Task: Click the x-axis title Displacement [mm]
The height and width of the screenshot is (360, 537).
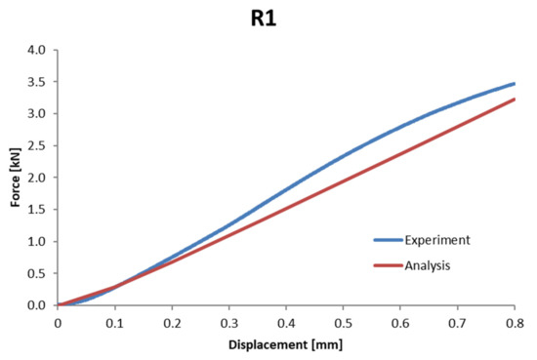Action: coord(285,343)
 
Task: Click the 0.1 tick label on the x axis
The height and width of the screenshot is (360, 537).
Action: coord(114,321)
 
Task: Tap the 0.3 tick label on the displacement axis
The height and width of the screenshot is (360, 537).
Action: coord(228,321)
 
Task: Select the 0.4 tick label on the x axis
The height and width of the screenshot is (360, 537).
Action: coord(286,321)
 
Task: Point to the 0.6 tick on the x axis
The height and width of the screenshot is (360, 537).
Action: coord(400,321)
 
